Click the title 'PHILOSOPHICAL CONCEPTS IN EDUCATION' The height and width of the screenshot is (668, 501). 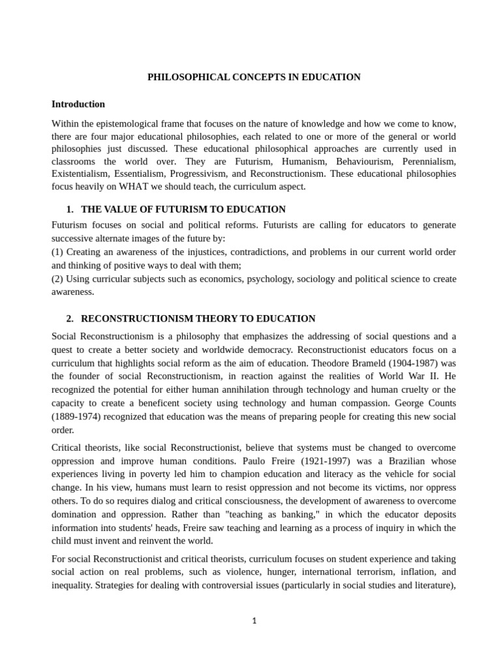click(254, 77)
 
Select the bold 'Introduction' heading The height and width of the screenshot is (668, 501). click(78, 104)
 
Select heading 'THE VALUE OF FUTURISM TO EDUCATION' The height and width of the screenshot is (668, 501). click(183, 209)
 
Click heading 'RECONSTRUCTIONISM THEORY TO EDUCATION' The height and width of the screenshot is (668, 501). click(198, 319)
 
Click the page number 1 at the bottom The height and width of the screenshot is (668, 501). click(254, 621)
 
